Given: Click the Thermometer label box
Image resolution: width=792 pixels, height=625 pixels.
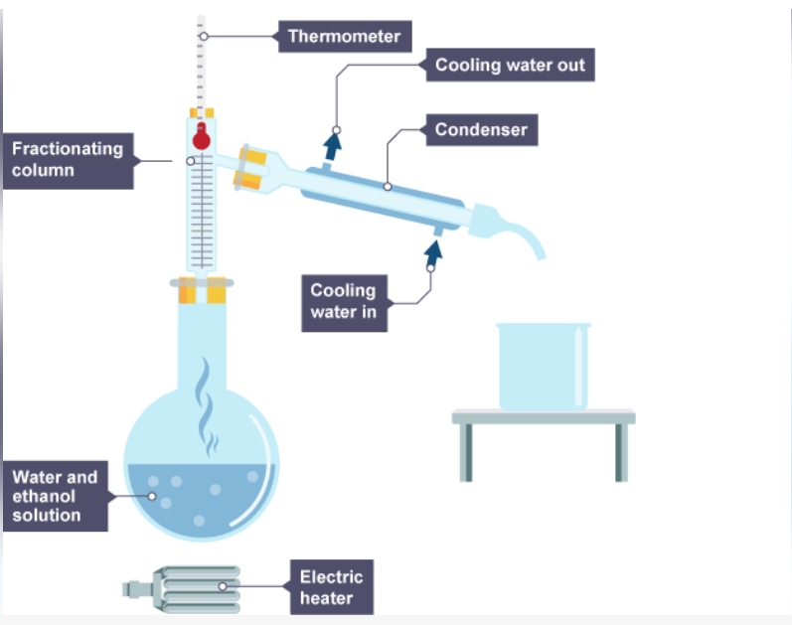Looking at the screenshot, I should click(x=344, y=37).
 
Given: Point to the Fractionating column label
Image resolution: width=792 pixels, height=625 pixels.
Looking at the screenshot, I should click(x=68, y=159).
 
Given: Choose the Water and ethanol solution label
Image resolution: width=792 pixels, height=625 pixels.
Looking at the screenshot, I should click(x=56, y=496).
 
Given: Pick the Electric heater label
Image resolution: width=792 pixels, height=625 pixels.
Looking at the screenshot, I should click(x=332, y=586).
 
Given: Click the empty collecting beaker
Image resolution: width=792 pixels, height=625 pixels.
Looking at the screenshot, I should click(x=543, y=366).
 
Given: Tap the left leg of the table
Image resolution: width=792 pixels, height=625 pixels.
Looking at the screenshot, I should click(x=466, y=453).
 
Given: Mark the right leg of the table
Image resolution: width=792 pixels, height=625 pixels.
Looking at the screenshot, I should click(x=621, y=453).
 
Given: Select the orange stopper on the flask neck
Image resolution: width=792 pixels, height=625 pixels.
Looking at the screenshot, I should click(x=203, y=289).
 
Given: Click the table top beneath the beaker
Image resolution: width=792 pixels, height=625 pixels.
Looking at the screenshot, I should click(x=543, y=416).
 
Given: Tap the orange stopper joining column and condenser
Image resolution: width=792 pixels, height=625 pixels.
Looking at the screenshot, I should click(x=253, y=167).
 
